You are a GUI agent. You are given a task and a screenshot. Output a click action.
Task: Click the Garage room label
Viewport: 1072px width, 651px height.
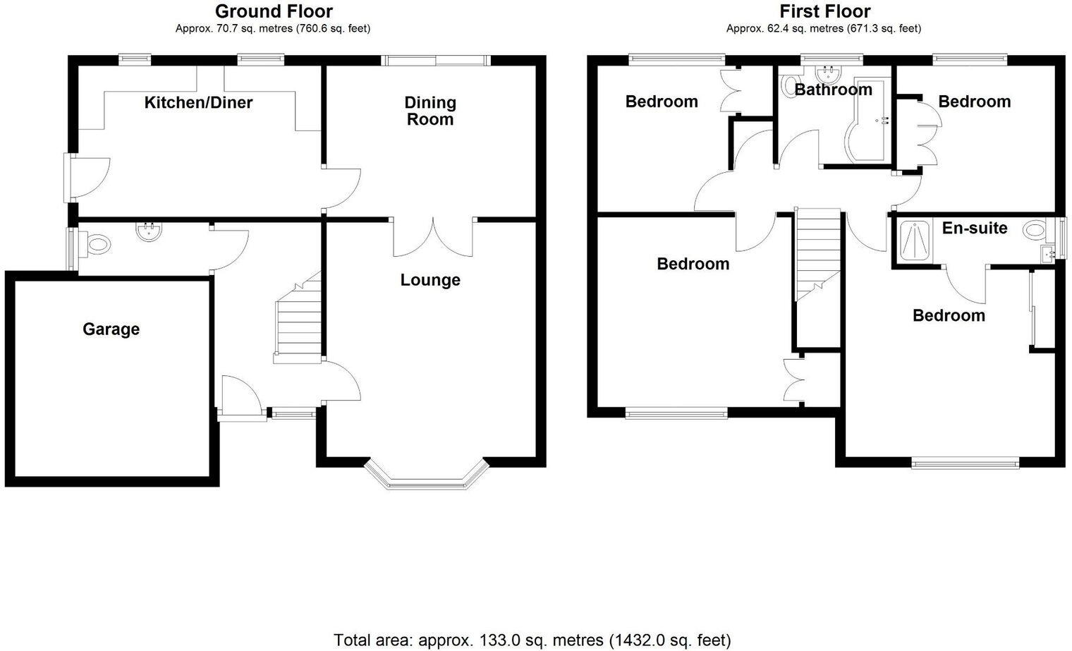111,329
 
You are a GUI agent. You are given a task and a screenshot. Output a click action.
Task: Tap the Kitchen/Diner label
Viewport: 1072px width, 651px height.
198,102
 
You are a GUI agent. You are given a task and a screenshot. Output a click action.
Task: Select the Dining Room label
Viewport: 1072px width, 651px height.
430,111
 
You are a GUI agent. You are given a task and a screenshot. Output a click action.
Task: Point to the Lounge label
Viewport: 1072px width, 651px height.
430,280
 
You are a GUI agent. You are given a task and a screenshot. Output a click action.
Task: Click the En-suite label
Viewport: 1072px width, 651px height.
975,228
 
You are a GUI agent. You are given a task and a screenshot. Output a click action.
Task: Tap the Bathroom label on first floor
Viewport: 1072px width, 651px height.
833,90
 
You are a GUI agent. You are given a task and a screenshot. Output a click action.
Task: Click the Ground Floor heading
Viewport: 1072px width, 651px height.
274,11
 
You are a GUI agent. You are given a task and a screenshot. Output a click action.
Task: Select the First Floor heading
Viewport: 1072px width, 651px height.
824,11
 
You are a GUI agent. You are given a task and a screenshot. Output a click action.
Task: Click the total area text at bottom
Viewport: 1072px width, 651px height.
532,640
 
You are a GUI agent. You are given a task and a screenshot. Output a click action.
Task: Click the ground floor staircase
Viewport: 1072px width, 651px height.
296,324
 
